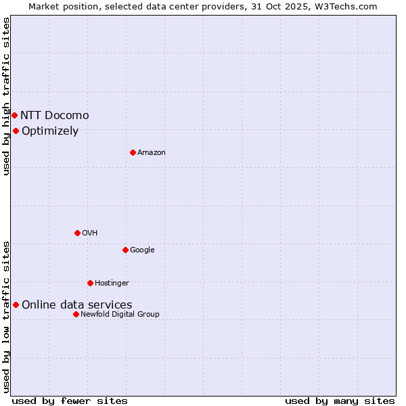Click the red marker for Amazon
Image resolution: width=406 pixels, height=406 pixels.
click(x=133, y=152)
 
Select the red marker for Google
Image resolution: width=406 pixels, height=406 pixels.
click(x=125, y=250)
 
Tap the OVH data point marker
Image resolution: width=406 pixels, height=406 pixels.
click(x=77, y=233)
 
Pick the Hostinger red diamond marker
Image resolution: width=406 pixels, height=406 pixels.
click(x=90, y=283)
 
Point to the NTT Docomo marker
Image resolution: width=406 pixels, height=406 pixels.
click(x=14, y=115)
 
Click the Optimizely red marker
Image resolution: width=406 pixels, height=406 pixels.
click(x=16, y=131)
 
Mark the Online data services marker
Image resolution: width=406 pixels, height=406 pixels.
click(x=16, y=304)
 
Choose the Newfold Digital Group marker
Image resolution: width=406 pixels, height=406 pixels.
click(x=76, y=314)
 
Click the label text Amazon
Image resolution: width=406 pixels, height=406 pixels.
click(x=152, y=152)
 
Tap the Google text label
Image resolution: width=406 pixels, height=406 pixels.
click(x=142, y=250)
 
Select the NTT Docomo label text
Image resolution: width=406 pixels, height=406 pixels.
click(x=54, y=115)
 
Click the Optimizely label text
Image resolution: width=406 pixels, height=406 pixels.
click(x=50, y=131)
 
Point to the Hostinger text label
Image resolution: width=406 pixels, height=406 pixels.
click(x=112, y=283)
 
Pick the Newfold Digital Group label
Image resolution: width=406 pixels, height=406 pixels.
click(x=120, y=314)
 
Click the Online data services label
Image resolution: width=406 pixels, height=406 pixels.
click(x=77, y=305)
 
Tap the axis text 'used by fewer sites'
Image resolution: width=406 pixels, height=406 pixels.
click(x=70, y=401)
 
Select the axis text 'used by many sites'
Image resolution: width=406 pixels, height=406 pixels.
click(x=340, y=401)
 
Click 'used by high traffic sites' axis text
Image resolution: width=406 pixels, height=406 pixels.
click(x=6, y=96)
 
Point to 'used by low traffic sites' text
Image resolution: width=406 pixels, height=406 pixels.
click(x=6, y=316)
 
